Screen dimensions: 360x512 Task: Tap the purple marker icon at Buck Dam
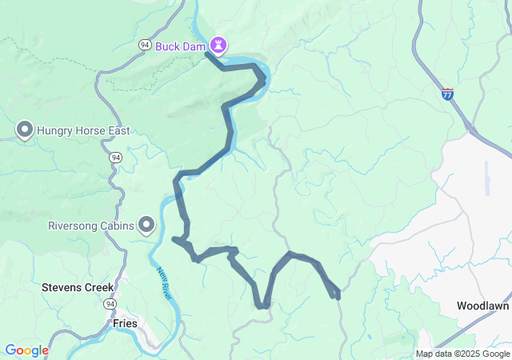click(x=218, y=42)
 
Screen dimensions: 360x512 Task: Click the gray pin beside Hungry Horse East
click(x=24, y=129)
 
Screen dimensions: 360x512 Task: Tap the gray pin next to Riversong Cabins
click(x=146, y=226)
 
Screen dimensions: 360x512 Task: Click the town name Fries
click(x=125, y=323)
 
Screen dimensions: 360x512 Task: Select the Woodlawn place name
click(x=482, y=306)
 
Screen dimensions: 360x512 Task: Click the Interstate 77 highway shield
click(x=447, y=94)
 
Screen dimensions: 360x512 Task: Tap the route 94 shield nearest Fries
click(x=108, y=304)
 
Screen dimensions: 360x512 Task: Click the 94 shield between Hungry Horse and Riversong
click(x=116, y=158)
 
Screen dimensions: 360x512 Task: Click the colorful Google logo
click(x=26, y=350)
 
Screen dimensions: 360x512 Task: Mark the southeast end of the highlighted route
click(x=337, y=296)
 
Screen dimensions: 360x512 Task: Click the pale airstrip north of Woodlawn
click(x=486, y=178)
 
